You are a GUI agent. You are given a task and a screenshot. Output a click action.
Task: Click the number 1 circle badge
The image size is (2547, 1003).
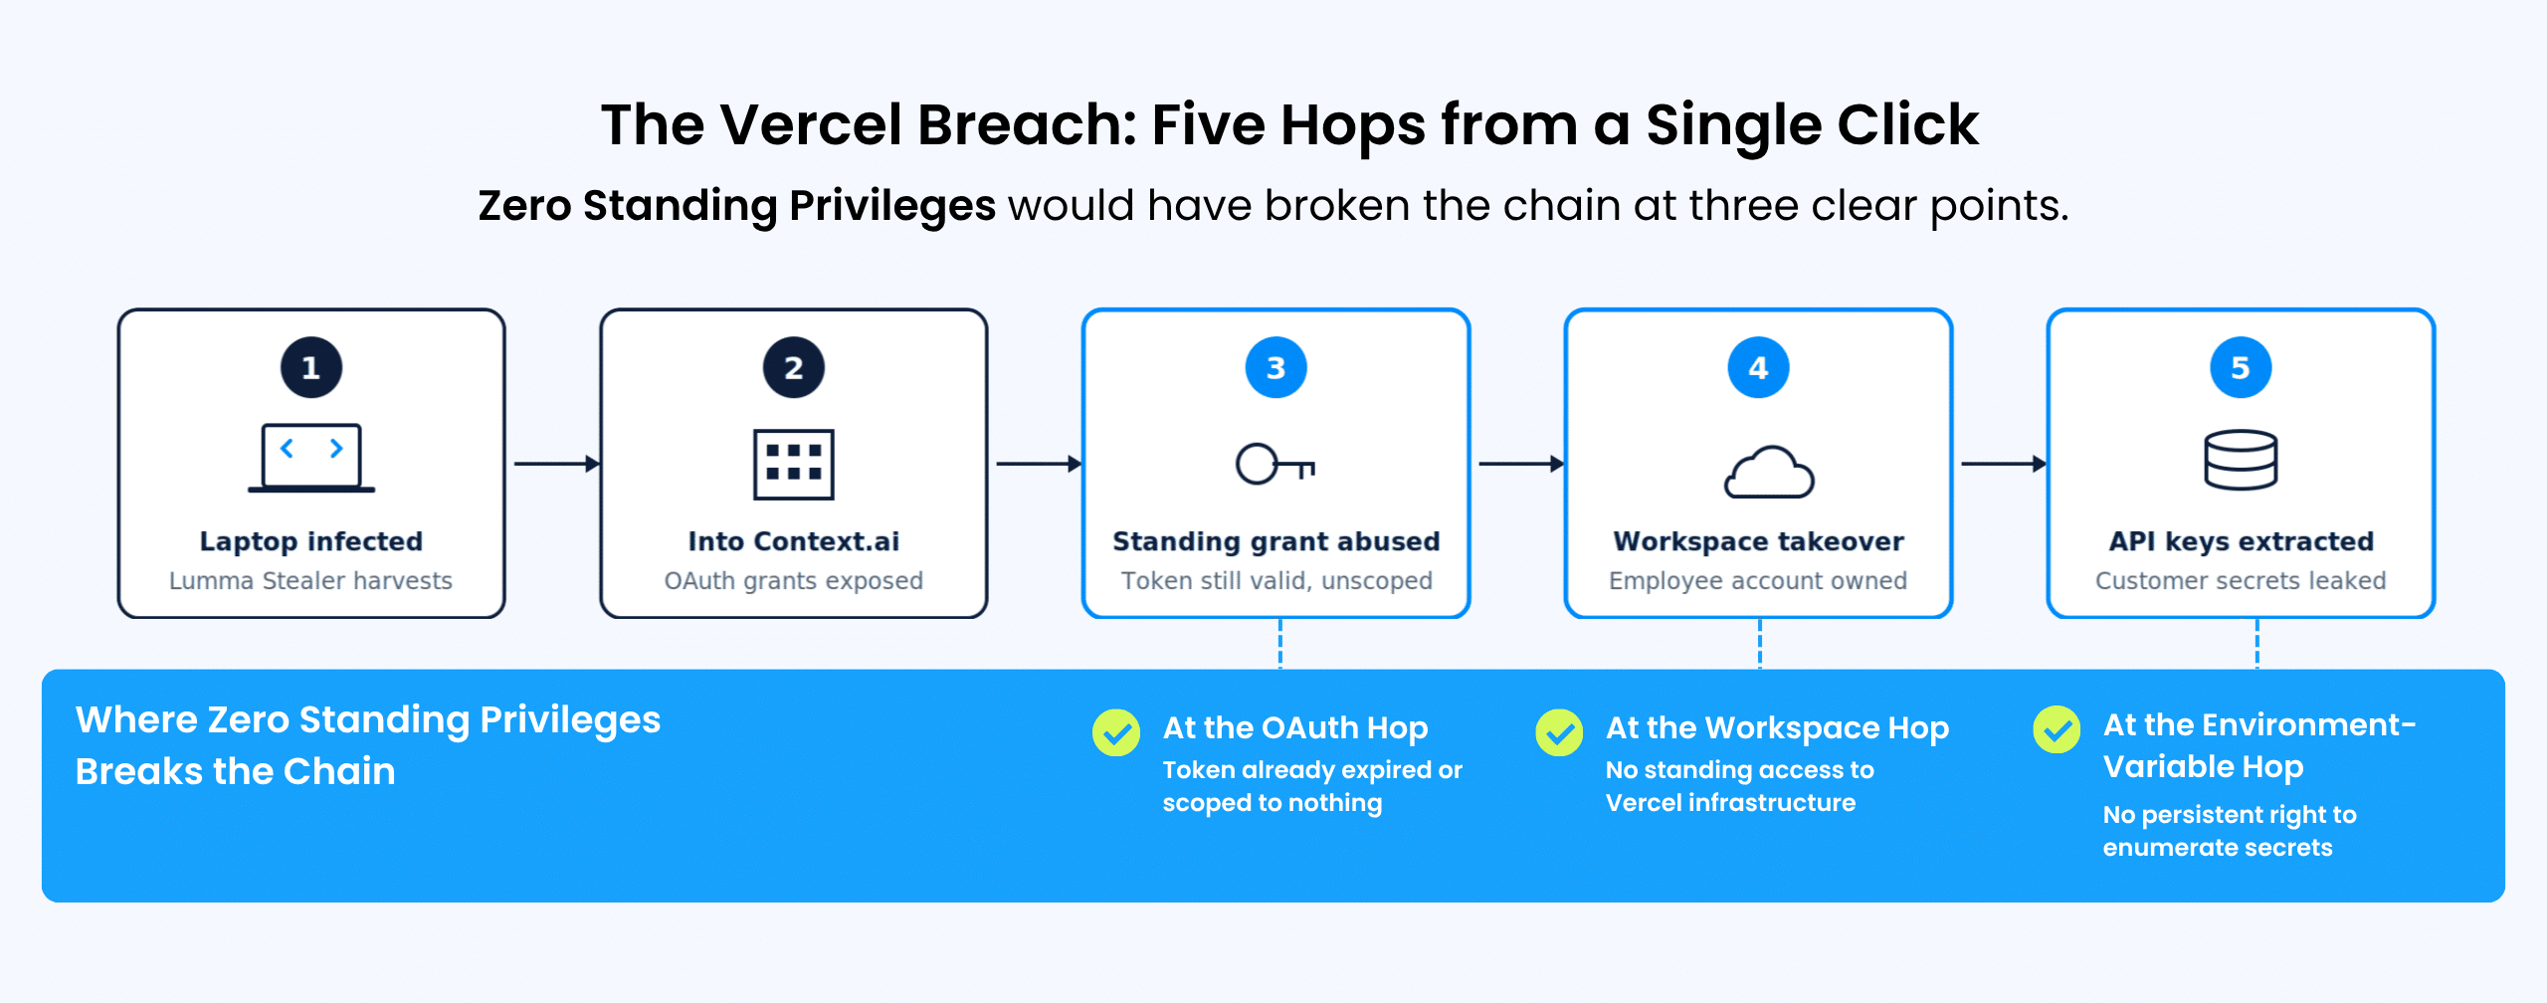tap(311, 367)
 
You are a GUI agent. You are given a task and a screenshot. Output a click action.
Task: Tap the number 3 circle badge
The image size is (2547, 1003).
tap(1275, 367)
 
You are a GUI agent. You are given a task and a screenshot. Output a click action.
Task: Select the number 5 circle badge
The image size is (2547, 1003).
tap(2241, 367)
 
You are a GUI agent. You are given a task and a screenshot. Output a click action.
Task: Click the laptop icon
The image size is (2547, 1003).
tap(311, 458)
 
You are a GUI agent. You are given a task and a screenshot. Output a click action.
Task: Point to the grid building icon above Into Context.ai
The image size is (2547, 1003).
tap(793, 464)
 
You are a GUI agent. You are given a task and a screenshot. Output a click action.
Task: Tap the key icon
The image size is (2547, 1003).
tap(1274, 464)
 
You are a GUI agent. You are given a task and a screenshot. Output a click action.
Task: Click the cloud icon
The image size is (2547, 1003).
tap(1768, 472)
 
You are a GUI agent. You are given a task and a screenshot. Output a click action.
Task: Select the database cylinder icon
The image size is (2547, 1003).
tap(2241, 460)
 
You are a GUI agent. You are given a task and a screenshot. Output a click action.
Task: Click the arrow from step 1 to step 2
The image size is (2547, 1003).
tap(556, 464)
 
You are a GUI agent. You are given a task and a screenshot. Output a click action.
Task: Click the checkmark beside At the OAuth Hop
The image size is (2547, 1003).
tap(1116, 732)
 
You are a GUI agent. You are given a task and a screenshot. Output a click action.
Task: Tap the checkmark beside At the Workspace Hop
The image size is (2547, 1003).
tap(1559, 732)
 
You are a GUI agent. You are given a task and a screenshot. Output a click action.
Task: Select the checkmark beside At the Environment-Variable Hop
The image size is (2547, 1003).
tap(2057, 729)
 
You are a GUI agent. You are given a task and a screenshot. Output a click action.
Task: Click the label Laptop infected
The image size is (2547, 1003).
tap(311, 541)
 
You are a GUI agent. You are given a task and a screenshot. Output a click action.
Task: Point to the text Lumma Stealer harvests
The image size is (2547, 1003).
tap(310, 580)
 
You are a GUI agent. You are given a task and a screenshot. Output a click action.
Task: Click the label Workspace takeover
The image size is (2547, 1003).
tap(1758, 541)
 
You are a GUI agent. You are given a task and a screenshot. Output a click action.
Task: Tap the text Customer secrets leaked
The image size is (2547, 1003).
tap(2241, 580)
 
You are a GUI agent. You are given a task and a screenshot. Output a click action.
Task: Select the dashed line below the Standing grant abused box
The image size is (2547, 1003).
tap(1280, 643)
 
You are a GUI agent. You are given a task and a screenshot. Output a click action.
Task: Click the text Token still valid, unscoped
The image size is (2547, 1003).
tap(1276, 580)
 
